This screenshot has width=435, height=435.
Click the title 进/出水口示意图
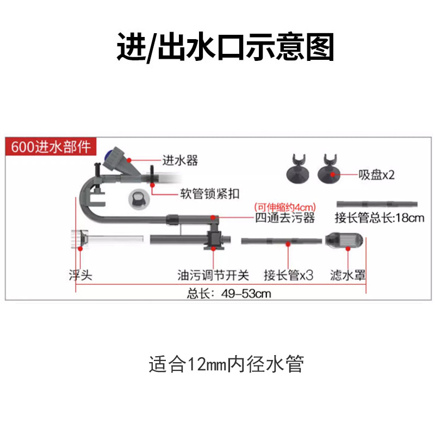tap(225, 48)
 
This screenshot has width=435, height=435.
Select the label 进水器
tap(180, 160)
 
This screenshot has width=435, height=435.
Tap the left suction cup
tap(300, 171)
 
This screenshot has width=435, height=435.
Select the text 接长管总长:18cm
tap(379, 218)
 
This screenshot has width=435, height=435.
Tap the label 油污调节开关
tap(212, 276)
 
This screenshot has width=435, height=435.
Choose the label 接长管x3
tap(288, 276)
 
